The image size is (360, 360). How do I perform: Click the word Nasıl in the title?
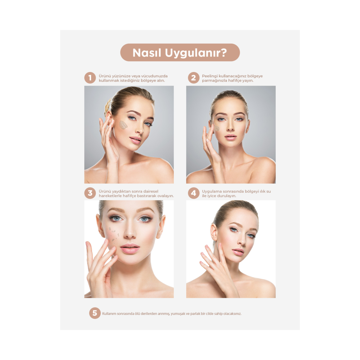pyautogui.click(x=147, y=53)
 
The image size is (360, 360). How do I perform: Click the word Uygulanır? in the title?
pyautogui.click(x=196, y=53)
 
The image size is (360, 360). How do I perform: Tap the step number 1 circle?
pyautogui.click(x=90, y=78)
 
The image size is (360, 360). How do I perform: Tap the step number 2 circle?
pyautogui.click(x=194, y=78)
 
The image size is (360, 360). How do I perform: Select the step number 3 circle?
pyautogui.click(x=90, y=193)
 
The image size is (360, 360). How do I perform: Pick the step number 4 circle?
pyautogui.click(x=194, y=193)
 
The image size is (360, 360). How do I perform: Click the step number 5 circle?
pyautogui.click(x=95, y=313)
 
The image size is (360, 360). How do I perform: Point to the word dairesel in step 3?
pyautogui.click(x=150, y=191)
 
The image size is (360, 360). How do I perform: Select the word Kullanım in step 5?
pyautogui.click(x=109, y=314)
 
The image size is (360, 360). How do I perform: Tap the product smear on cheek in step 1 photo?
pyautogui.click(x=123, y=125)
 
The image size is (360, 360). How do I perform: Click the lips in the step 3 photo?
pyautogui.click(x=130, y=248)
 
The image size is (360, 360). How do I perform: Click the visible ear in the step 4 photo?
pyautogui.click(x=213, y=232)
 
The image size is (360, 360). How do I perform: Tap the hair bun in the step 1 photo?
pyautogui.click(x=107, y=107)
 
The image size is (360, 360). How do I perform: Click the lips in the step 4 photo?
pyautogui.click(x=238, y=252)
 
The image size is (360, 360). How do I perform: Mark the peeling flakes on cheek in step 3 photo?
pyautogui.click(x=114, y=235)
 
